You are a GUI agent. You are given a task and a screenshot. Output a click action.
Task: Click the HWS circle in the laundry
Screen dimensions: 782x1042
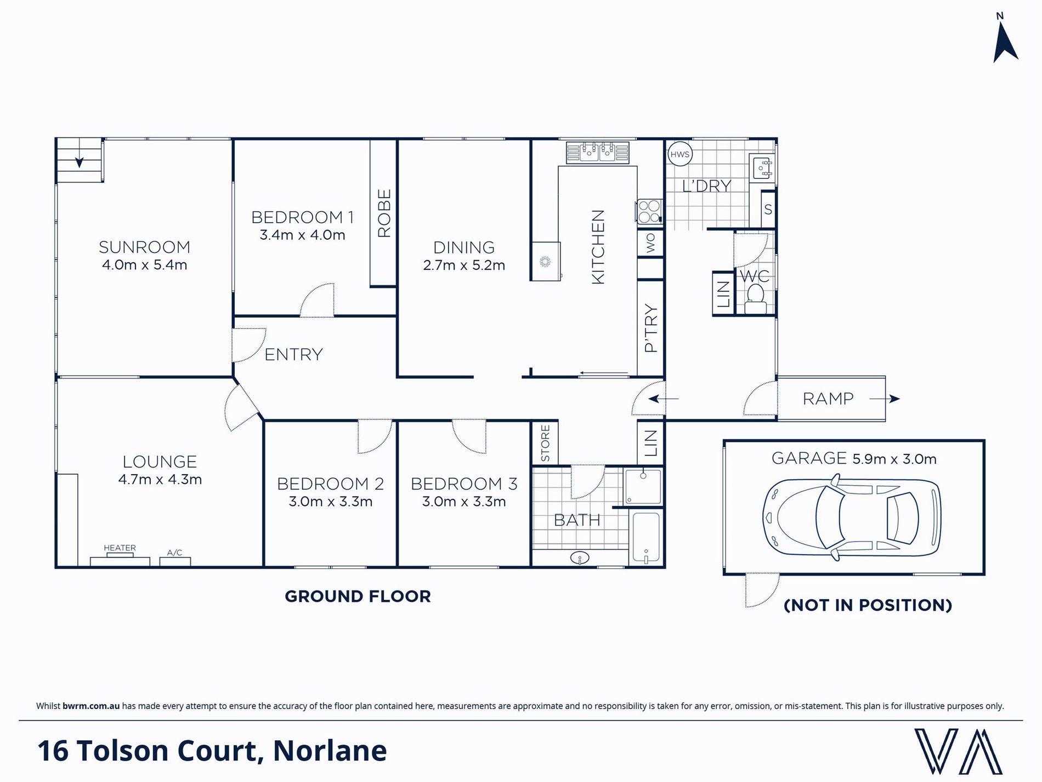[x=679, y=154]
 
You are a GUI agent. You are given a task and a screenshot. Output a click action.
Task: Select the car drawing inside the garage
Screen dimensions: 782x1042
[x=851, y=518]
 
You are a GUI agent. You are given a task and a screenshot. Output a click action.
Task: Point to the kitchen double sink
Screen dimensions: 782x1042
[x=598, y=152]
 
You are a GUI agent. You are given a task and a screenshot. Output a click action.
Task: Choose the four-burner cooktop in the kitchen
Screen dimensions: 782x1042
[x=649, y=212]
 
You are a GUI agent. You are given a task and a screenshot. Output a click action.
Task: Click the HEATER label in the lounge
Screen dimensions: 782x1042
[x=120, y=548]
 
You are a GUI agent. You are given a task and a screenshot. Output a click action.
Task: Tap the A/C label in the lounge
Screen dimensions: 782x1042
[x=174, y=553]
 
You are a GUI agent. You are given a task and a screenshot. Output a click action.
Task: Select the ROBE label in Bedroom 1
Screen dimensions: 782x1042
[x=384, y=213]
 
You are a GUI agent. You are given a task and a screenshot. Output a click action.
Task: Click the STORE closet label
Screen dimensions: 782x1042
[x=545, y=443]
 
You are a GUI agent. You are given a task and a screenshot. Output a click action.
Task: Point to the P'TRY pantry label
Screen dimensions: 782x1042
[x=650, y=328]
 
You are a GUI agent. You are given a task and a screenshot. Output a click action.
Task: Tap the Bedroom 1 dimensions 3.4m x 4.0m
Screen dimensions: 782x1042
[x=302, y=235]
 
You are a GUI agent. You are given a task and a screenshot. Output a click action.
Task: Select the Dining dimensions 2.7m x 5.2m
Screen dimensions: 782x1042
[x=464, y=266]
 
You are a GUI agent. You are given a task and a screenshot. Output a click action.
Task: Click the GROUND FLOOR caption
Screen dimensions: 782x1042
[x=358, y=597]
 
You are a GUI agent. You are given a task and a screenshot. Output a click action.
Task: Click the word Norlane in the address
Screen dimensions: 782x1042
[x=330, y=751]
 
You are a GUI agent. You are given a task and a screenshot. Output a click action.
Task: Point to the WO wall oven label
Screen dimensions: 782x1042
[x=650, y=243]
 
